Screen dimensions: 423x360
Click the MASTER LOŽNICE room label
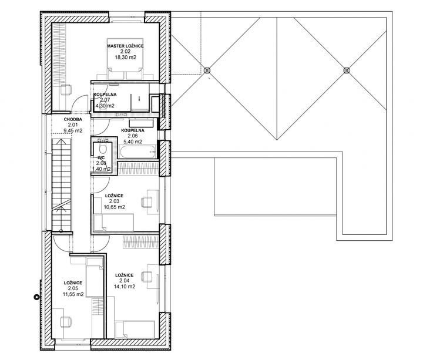(x=125, y=46)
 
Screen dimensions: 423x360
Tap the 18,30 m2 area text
(x=126, y=58)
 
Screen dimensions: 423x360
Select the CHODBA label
(x=73, y=119)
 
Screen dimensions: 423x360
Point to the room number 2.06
(x=133, y=136)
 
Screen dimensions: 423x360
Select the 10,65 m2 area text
(x=115, y=207)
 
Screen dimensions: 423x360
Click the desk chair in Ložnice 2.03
(x=146, y=202)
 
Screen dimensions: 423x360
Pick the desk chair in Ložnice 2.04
(x=146, y=277)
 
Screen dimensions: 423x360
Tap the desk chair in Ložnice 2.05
(x=66, y=322)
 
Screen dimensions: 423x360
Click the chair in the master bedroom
(x=66, y=89)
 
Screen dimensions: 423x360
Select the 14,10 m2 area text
(x=125, y=287)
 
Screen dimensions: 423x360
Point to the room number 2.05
(x=73, y=288)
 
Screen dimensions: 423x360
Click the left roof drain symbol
(x=207, y=70)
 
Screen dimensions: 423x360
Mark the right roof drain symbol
(x=347, y=70)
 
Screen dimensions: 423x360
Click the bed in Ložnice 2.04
(x=135, y=329)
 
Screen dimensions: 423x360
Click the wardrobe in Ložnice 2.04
(x=141, y=242)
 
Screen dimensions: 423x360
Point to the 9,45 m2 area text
(x=73, y=131)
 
